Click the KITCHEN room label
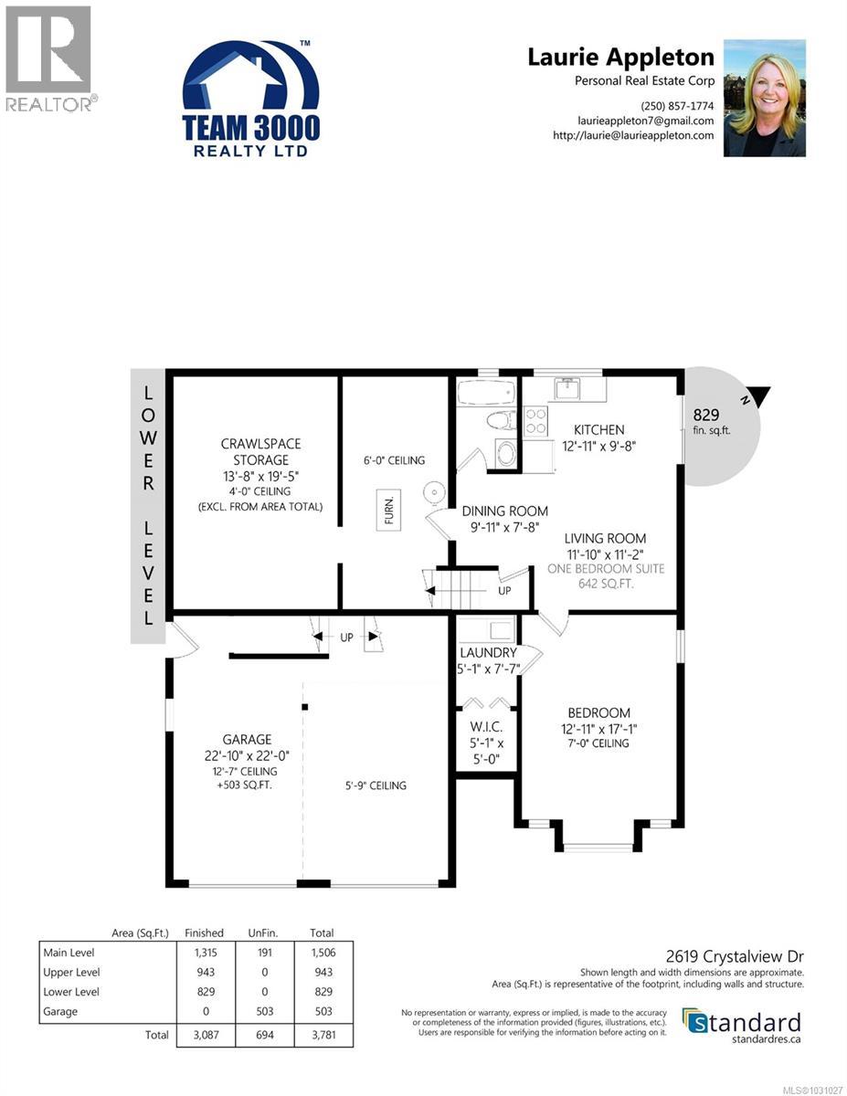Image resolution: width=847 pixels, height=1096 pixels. point(598,430)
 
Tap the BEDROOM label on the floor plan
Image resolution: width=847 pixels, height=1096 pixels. point(598,713)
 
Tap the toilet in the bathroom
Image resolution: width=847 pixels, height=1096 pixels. point(499,421)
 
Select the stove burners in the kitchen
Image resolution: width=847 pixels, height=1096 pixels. point(535,421)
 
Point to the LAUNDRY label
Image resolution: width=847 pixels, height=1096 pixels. point(488,653)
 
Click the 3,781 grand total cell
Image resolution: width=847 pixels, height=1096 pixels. point(321,1036)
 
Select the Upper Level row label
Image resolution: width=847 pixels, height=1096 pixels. point(71,972)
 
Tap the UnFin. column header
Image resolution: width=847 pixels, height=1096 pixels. point(263,933)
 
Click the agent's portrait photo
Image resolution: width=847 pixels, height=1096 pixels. point(764,98)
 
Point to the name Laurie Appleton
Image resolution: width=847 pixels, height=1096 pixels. point(620,57)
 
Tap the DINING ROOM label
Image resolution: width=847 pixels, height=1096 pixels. point(504,511)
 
